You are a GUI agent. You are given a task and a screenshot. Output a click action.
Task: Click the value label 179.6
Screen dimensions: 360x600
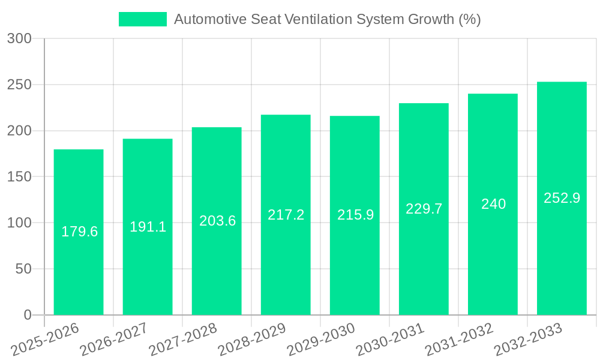(x=80, y=232)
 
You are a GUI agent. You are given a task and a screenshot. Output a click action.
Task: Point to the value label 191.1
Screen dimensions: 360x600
(x=148, y=227)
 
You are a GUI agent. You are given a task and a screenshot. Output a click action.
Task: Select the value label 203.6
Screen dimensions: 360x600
(x=217, y=221)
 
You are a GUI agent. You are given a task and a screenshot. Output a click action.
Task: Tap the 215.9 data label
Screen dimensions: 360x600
(x=355, y=215)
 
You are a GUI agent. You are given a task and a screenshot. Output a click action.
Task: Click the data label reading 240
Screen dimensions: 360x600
(x=493, y=204)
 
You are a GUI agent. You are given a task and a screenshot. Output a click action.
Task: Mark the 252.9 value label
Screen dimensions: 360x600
(x=562, y=198)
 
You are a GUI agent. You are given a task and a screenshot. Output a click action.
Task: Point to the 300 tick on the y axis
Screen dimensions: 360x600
(x=19, y=38)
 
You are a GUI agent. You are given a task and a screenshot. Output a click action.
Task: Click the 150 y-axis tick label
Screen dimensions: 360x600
(x=19, y=177)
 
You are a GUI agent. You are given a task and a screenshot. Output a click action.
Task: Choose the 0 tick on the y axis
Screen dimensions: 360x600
(x=28, y=315)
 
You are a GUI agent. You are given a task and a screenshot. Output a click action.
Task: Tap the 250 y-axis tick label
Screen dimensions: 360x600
(x=19, y=85)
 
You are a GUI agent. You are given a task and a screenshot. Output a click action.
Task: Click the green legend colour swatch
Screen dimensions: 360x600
(x=143, y=19)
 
